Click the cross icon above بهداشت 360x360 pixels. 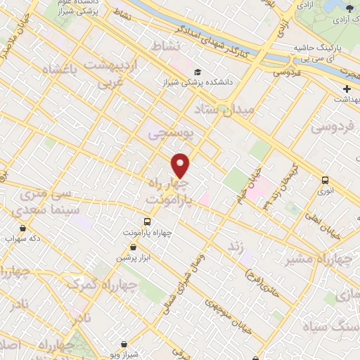347,89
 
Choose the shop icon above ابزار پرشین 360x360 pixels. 133,247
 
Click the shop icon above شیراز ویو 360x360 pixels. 124,344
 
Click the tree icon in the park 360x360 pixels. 349,8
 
